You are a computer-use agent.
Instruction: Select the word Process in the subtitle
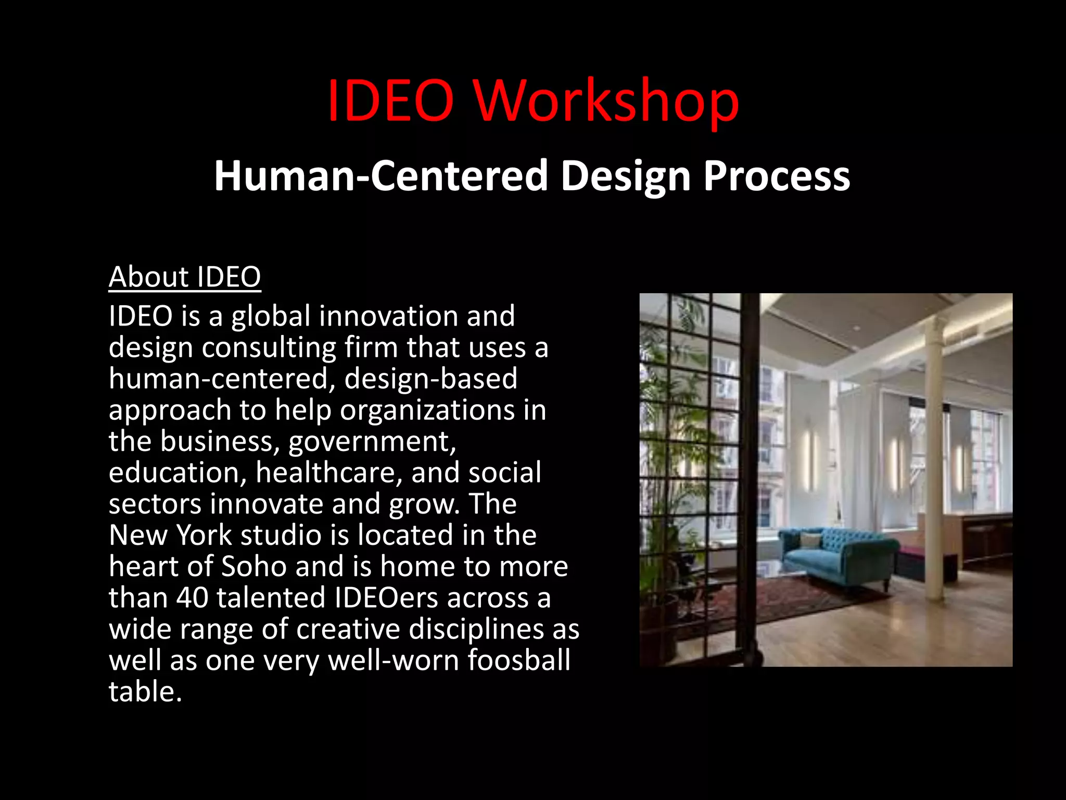click(x=777, y=176)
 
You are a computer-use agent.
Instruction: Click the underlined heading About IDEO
click(x=185, y=277)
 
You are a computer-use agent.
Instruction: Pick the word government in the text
click(x=372, y=442)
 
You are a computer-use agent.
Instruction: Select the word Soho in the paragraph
click(x=253, y=566)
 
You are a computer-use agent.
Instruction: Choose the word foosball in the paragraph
click(x=518, y=660)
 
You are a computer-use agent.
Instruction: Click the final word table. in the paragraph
click(x=145, y=692)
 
